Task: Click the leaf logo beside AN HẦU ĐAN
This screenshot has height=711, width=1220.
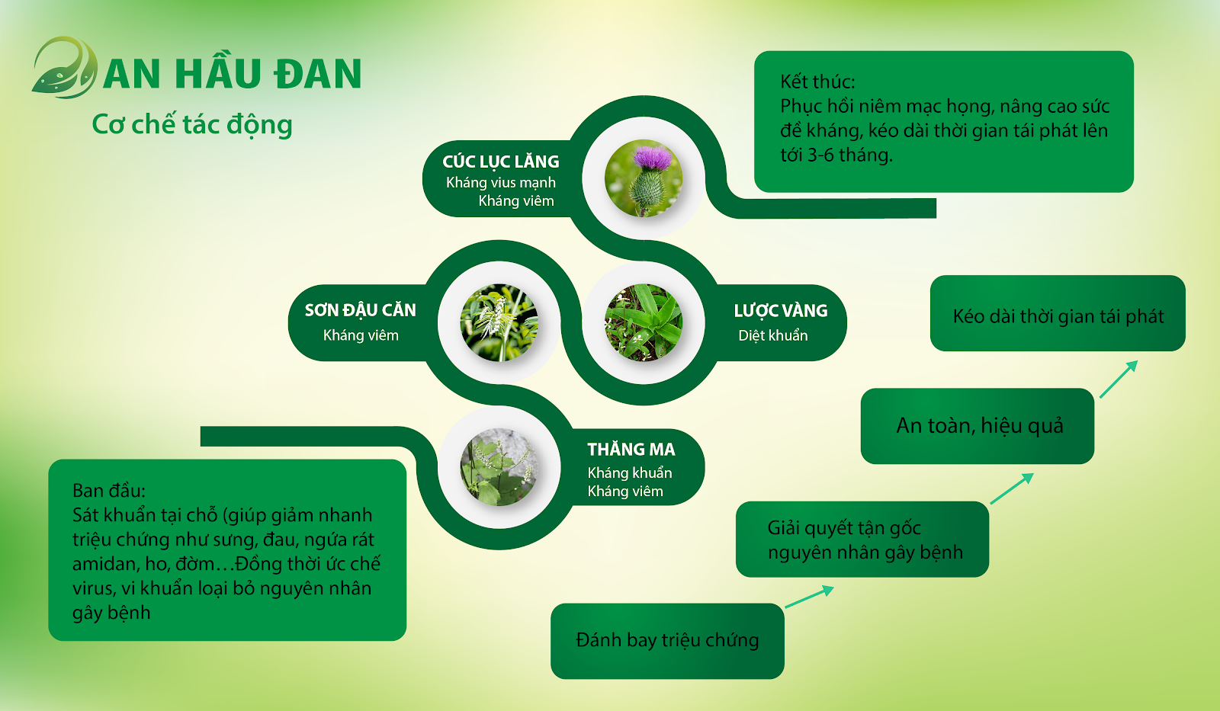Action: pos(64,68)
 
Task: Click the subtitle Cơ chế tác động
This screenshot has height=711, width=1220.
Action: pos(191,125)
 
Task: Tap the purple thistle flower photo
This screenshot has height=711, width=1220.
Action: pos(644,178)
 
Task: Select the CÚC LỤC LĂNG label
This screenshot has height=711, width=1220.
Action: pos(500,162)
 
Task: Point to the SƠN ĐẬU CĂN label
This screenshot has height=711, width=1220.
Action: pos(360,310)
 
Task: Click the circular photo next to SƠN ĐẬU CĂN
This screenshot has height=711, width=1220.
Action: pos(499,322)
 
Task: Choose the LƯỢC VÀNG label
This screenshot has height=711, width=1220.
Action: pos(781,311)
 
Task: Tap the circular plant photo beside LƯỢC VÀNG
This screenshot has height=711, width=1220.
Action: pos(644,322)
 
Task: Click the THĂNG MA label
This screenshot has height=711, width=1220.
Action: pos(631,449)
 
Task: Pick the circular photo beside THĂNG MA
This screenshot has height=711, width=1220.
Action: pos(499,467)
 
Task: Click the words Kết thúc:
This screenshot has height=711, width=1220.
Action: pos(817,82)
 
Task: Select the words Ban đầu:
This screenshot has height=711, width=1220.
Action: pos(109,491)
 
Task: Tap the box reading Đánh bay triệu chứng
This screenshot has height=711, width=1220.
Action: pos(667,641)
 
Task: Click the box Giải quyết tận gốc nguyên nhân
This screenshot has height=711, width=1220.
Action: pos(862,539)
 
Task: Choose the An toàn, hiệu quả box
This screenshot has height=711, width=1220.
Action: pos(977,426)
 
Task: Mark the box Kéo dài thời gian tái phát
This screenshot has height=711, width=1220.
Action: pos(1058,313)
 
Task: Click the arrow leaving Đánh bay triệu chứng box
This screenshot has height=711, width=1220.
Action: pos(809,597)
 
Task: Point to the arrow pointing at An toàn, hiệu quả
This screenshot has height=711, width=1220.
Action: pos(1011,488)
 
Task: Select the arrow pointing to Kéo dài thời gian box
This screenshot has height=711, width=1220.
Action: pos(1119,379)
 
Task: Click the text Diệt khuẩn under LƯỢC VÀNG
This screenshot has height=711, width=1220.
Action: pos(773,335)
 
